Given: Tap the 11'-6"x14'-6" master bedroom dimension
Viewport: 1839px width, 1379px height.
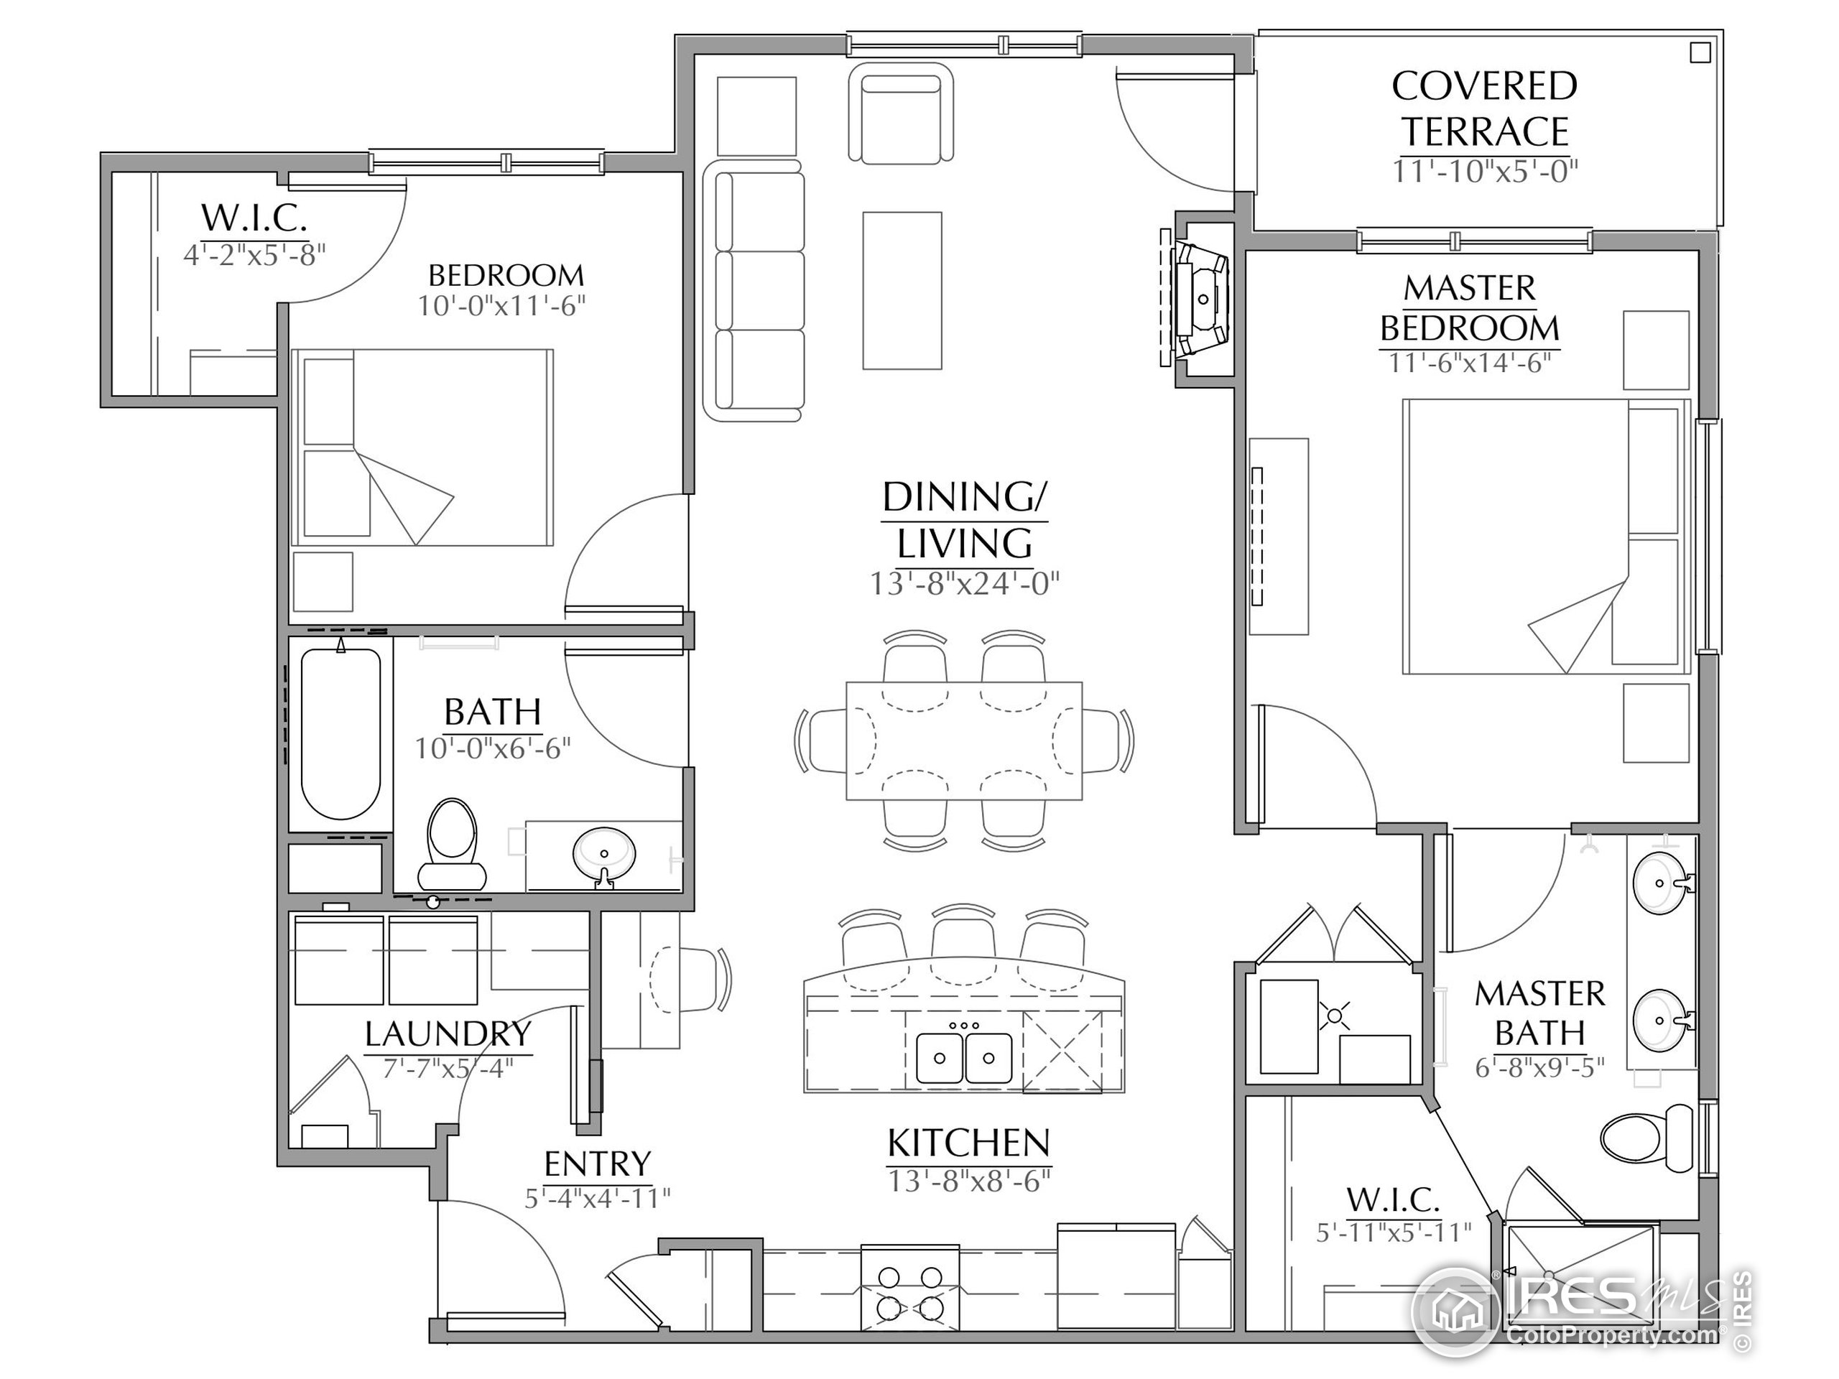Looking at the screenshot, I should pos(1469,363).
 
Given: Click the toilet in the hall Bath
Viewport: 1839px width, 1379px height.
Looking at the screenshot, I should pos(451,842).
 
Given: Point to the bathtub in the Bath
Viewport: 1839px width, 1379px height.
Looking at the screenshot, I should pos(341,734).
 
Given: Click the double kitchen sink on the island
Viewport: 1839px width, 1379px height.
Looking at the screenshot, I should pos(963,1057).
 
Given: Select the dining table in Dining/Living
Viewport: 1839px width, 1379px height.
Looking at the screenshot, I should pos(963,740).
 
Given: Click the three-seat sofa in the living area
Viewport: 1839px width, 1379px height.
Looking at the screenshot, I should pos(754,291).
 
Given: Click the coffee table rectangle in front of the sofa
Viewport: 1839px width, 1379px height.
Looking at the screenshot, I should pos(902,290).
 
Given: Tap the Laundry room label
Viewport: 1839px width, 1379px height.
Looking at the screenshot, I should pos(448,1034).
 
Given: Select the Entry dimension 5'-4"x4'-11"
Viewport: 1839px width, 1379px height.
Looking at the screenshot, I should pos(597,1199).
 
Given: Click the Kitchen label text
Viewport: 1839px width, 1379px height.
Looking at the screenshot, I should pos(968,1143).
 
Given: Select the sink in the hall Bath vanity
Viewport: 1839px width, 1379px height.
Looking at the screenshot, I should pos(604,852).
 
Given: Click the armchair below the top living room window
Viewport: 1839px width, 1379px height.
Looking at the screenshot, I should pos(902,114).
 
